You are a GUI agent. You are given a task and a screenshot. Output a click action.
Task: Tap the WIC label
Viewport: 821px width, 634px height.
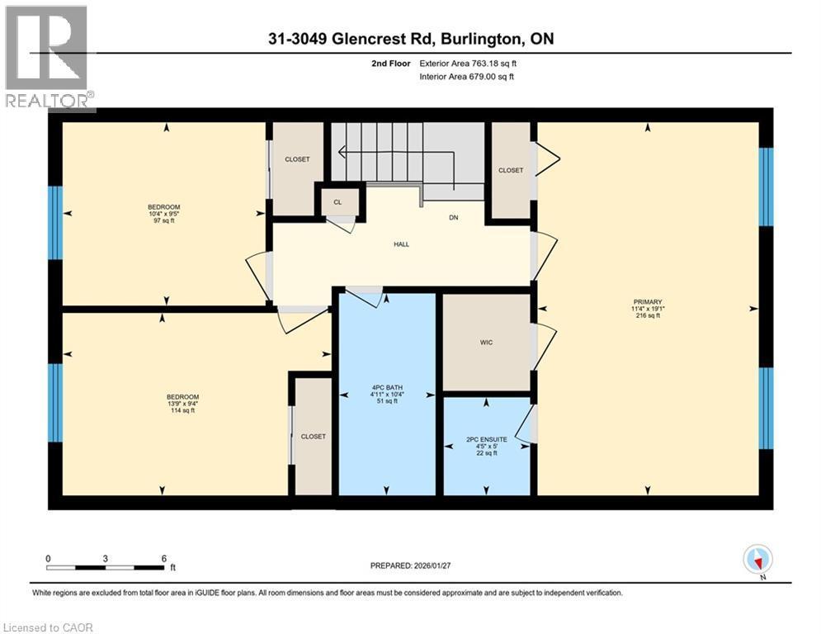pyautogui.click(x=486, y=343)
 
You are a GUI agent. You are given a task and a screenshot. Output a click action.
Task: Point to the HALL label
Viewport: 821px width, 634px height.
pyautogui.click(x=401, y=244)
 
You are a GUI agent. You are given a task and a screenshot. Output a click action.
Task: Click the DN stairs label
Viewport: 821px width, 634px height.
pyautogui.click(x=453, y=218)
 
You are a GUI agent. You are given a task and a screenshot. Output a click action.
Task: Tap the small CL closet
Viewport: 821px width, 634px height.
pyautogui.click(x=337, y=201)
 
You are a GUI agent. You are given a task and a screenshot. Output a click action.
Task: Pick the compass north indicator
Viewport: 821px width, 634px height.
pyautogui.click(x=756, y=560)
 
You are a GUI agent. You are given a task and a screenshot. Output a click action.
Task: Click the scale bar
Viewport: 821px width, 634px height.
pyautogui.click(x=106, y=567)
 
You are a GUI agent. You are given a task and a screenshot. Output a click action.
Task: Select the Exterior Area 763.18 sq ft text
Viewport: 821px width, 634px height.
pyautogui.click(x=468, y=63)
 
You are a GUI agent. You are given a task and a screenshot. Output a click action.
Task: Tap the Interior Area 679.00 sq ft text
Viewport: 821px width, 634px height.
pyautogui.click(x=468, y=77)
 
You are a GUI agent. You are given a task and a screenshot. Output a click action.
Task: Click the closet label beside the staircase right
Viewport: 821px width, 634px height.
pyautogui.click(x=511, y=170)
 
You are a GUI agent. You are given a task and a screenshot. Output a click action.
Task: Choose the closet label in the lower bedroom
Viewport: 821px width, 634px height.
pyautogui.click(x=313, y=436)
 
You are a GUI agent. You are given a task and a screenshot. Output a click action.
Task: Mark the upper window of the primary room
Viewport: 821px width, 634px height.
pyautogui.click(x=766, y=187)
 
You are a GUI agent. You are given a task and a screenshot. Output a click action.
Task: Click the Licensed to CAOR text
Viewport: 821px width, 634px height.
pyautogui.click(x=48, y=627)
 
